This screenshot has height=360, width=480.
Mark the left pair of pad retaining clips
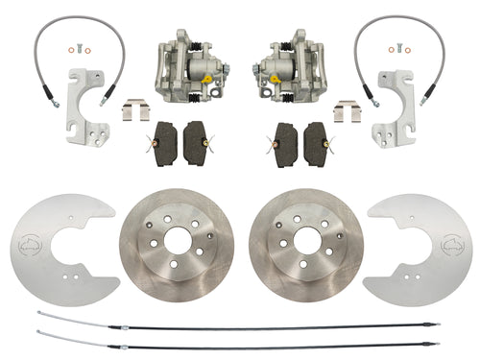pyautogui.click(x=133, y=111)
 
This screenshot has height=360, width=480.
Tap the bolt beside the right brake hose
pyautogui.click(x=402, y=51)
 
